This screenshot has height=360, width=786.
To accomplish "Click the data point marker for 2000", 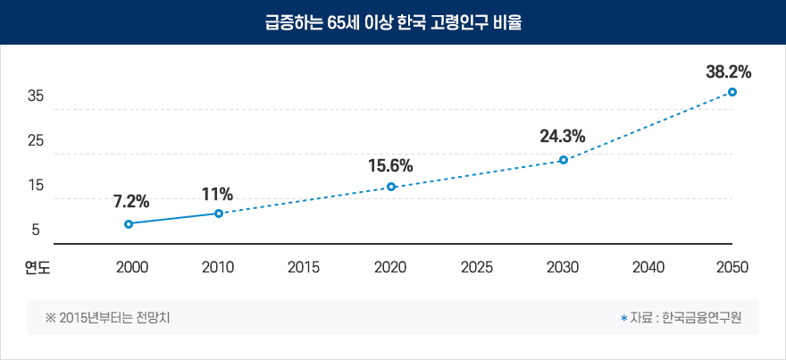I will point(129,223).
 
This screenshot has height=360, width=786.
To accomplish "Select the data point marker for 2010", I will point(219,213).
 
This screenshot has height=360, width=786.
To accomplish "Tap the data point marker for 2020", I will point(390,187).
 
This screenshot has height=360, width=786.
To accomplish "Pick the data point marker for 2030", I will point(563,160).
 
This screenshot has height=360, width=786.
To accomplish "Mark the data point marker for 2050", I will point(732,92).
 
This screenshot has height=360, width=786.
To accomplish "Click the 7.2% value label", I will point(131,201).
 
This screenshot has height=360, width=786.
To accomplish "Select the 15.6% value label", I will point(390,165).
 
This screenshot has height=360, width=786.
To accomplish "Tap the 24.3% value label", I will point(563,137).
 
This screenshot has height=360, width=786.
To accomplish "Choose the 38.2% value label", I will point(728,71).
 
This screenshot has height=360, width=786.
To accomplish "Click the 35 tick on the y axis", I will point(36,96).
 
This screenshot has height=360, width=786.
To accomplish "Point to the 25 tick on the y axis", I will point(36,141).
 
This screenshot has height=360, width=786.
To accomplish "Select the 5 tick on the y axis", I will point(36,230).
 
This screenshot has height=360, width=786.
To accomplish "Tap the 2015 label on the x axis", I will point(304,266).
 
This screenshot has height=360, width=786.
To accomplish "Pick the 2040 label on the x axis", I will point(648,266).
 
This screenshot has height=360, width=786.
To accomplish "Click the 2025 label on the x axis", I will point(476,266).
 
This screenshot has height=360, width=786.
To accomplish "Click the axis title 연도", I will point(37,266).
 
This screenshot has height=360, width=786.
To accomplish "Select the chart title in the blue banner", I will point(392,22).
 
